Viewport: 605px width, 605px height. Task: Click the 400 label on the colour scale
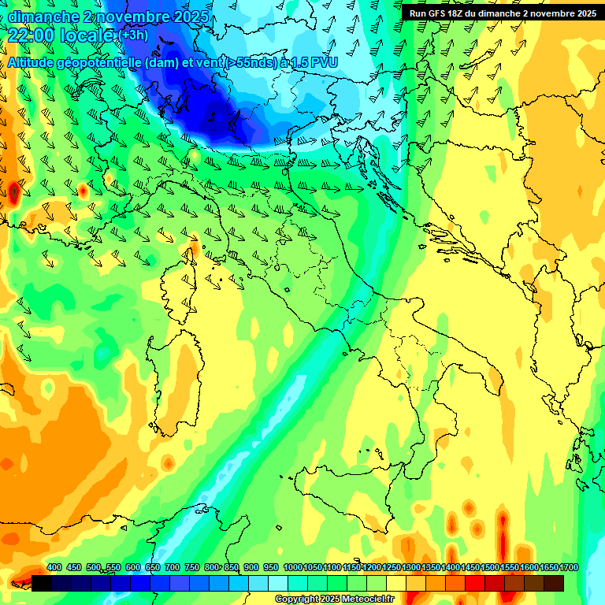(54, 567)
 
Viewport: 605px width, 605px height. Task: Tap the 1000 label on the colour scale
(292, 567)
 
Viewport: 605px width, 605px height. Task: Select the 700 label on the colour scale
(173, 567)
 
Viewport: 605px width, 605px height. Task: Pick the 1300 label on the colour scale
(410, 567)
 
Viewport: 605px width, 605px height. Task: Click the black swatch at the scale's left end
(42, 583)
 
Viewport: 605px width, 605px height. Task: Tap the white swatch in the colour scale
(278, 583)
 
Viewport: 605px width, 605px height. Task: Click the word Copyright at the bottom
(298, 599)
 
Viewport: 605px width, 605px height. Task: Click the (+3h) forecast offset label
(132, 35)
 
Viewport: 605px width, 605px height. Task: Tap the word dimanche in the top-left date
(39, 17)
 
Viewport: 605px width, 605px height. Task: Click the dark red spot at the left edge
(14, 191)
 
